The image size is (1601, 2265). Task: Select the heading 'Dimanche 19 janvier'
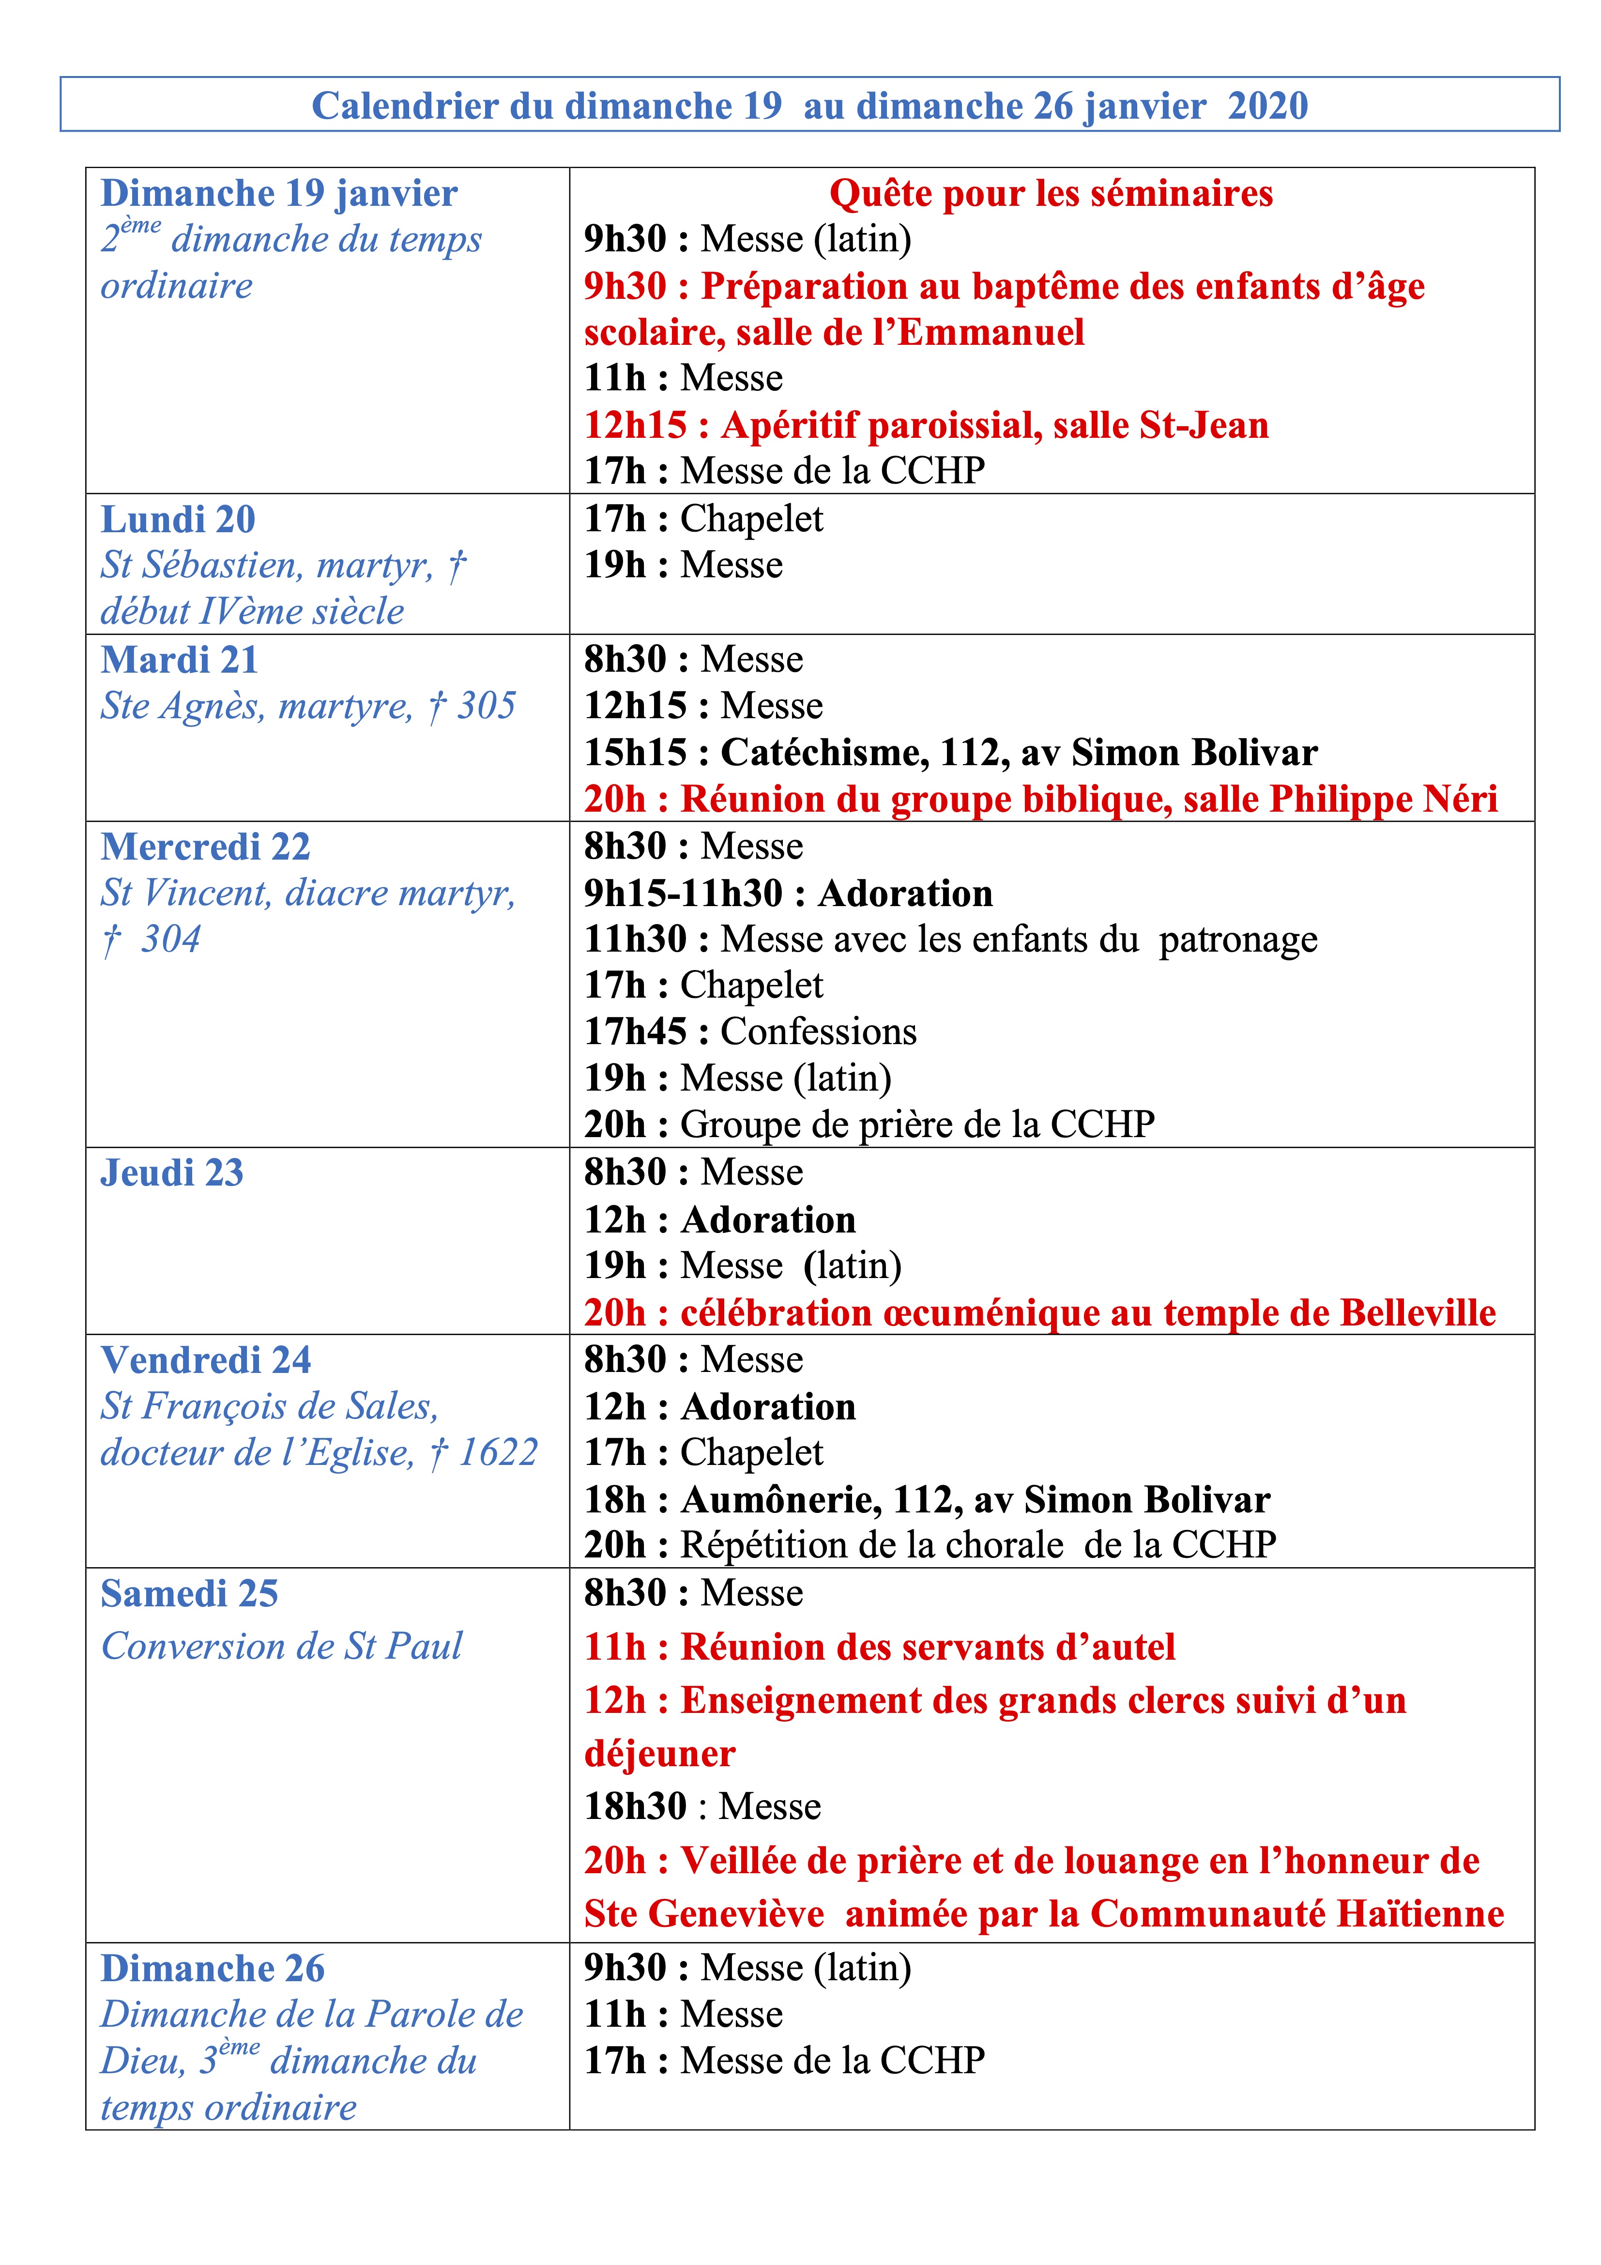pos(279,193)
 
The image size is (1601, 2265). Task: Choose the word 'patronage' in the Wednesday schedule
pos(1238,940)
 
